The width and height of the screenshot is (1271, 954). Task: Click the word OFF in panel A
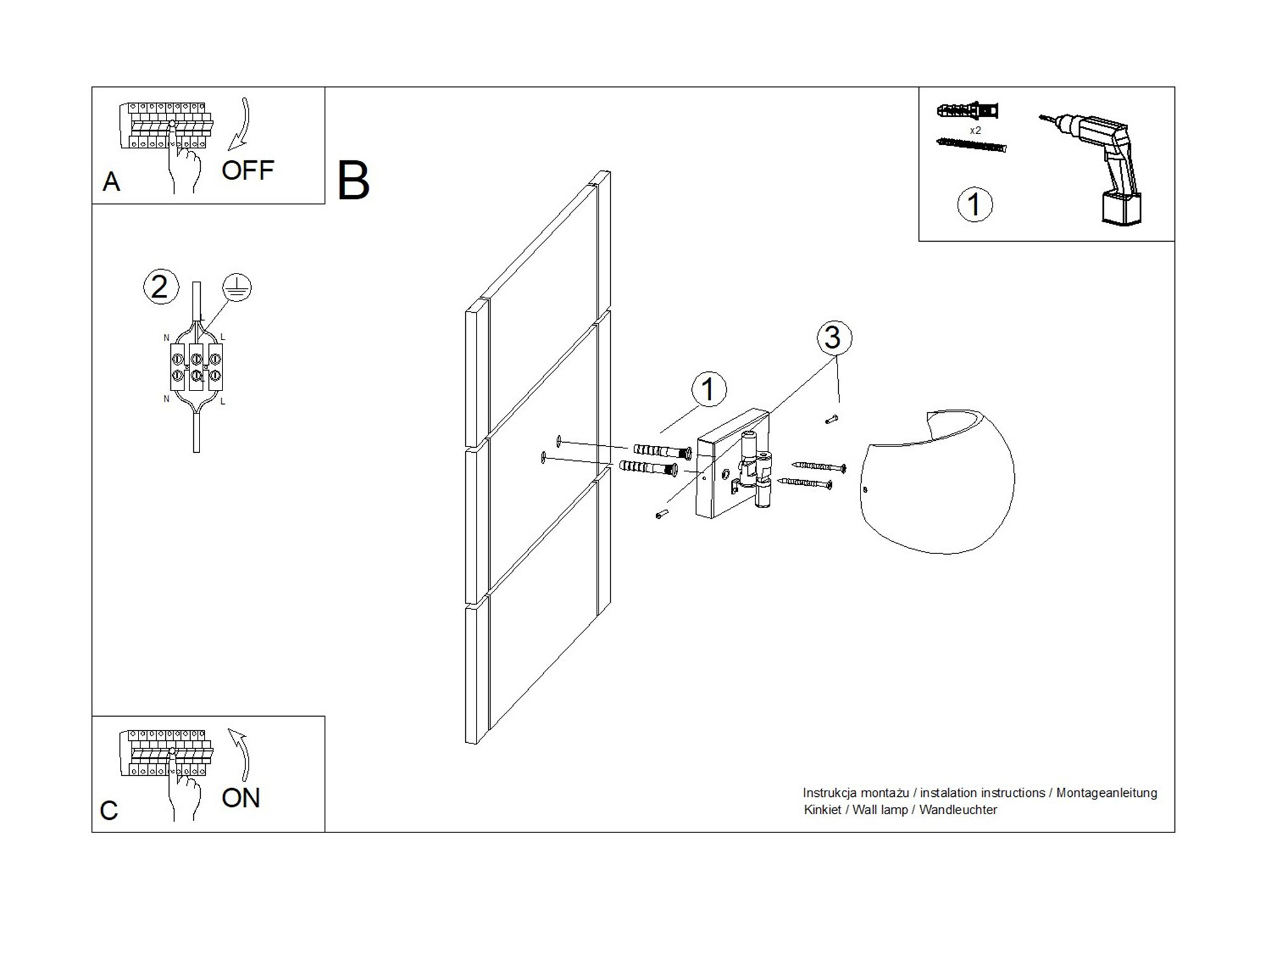247,170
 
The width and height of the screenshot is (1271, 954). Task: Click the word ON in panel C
241,798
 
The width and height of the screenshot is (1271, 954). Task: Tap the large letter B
353,181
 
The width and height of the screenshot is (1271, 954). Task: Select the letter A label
111,183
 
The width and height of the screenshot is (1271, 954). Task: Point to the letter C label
109,811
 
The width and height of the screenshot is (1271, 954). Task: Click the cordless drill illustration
1106,165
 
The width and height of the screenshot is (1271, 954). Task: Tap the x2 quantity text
975,130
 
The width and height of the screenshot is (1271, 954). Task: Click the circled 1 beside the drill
974,205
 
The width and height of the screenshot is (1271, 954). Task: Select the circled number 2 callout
160,287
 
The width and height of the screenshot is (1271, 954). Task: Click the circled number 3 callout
833,338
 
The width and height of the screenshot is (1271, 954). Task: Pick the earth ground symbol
237,288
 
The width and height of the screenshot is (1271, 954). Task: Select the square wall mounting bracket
731,464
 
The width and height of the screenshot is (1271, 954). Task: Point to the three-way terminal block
196,368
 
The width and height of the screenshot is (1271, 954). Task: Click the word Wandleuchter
958,810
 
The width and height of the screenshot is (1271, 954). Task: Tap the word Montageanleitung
1106,793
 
